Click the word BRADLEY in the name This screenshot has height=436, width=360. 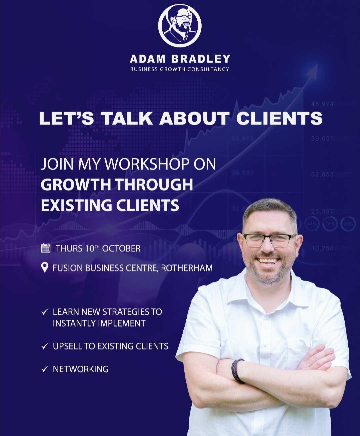(x=201, y=59)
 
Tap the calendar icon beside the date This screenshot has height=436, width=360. (x=46, y=248)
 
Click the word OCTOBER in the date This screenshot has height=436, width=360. (x=121, y=248)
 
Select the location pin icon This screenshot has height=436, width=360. (x=45, y=267)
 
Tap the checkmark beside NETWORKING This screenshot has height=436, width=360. (x=45, y=375)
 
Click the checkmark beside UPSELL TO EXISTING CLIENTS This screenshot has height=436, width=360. (x=45, y=347)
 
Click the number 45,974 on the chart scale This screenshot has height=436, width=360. (x=322, y=104)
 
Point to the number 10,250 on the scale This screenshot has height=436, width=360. (x=322, y=248)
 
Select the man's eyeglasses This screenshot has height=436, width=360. (x=270, y=239)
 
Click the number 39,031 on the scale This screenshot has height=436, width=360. (x=322, y=139)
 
